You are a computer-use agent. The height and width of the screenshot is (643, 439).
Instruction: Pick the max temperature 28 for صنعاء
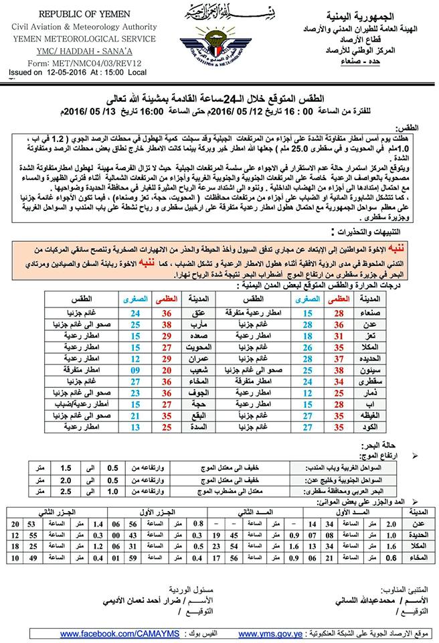click(337, 313)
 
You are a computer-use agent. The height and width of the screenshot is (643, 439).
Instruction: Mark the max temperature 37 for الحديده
click(337, 358)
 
